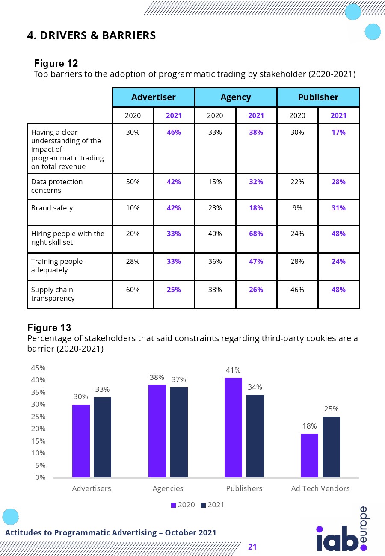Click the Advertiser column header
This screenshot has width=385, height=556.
153,97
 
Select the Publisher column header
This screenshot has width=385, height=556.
318,97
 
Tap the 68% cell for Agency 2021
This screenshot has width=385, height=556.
256,234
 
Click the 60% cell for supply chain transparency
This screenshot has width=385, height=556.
133,290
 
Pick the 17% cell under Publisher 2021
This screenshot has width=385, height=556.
338,132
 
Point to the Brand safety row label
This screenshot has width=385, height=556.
52,208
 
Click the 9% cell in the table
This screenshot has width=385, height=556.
297,208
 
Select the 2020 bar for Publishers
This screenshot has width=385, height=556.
233,427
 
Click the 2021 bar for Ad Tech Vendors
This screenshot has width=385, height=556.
331,447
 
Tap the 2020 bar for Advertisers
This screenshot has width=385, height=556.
81,441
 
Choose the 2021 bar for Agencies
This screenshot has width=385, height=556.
179,432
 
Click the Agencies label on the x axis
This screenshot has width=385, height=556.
168,488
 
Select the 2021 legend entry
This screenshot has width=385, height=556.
212,505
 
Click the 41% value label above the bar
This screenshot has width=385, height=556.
233,370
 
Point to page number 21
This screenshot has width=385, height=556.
252,547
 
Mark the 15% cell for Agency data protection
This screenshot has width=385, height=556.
215,182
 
